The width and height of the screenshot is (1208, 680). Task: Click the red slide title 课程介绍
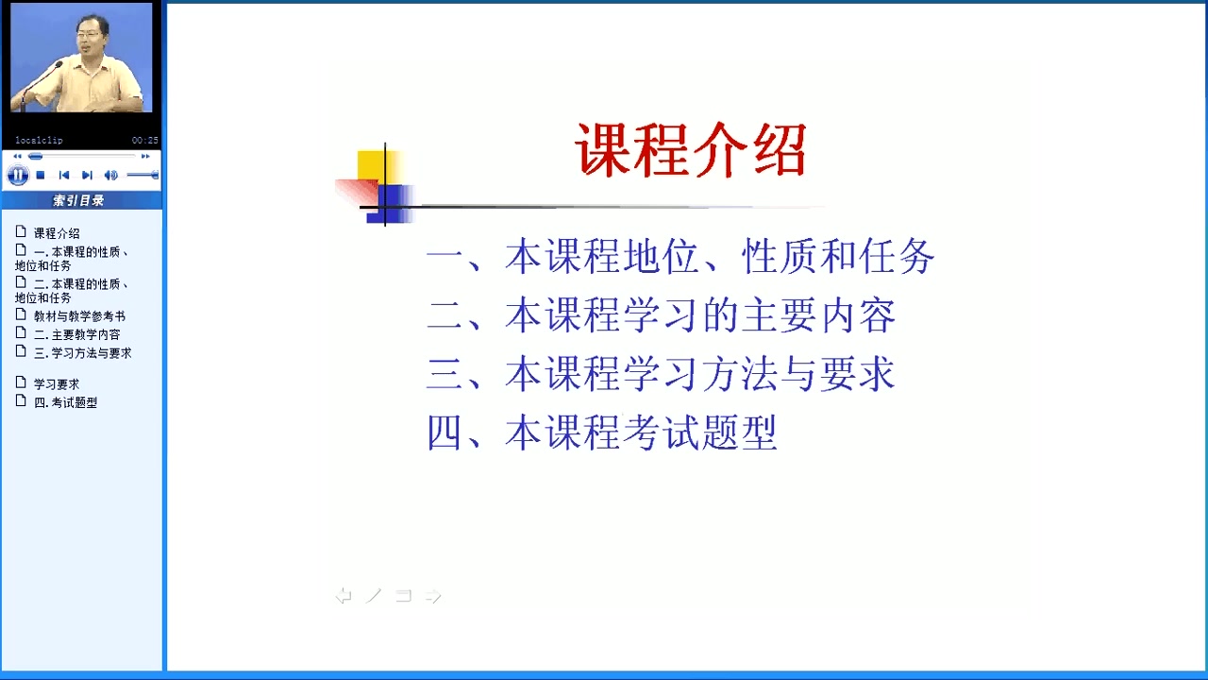(691, 150)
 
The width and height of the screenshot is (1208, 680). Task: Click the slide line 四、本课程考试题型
(602, 433)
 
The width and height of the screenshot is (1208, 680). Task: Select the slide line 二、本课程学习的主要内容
(662, 315)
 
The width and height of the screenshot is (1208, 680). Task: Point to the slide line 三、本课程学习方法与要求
(662, 373)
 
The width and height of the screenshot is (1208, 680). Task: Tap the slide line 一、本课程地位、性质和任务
(680, 256)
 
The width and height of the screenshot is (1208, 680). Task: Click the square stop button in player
(41, 175)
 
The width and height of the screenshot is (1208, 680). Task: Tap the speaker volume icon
(110, 175)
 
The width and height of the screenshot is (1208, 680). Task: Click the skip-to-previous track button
(64, 175)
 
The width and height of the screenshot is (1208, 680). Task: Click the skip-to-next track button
(87, 175)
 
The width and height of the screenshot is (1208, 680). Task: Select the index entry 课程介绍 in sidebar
(57, 233)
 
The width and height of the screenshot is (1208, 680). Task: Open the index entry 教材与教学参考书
(79, 316)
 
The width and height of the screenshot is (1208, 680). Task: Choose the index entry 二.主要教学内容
(77, 334)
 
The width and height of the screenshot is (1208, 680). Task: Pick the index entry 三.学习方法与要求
(82, 353)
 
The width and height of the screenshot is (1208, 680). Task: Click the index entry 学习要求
(57, 384)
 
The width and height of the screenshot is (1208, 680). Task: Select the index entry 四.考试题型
(65, 402)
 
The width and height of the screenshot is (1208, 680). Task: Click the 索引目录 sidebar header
(78, 201)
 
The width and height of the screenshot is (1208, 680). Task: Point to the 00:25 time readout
(145, 141)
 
